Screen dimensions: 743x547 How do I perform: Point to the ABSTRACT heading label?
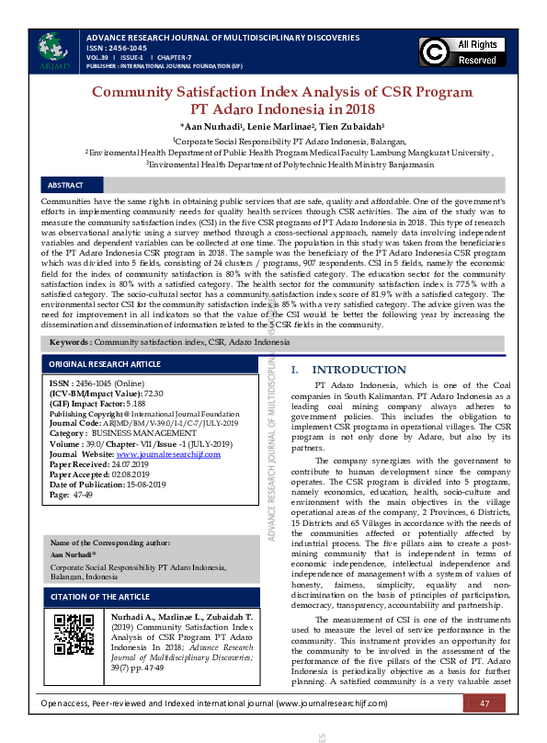[65, 185]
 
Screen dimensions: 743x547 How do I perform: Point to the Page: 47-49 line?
[72, 495]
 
